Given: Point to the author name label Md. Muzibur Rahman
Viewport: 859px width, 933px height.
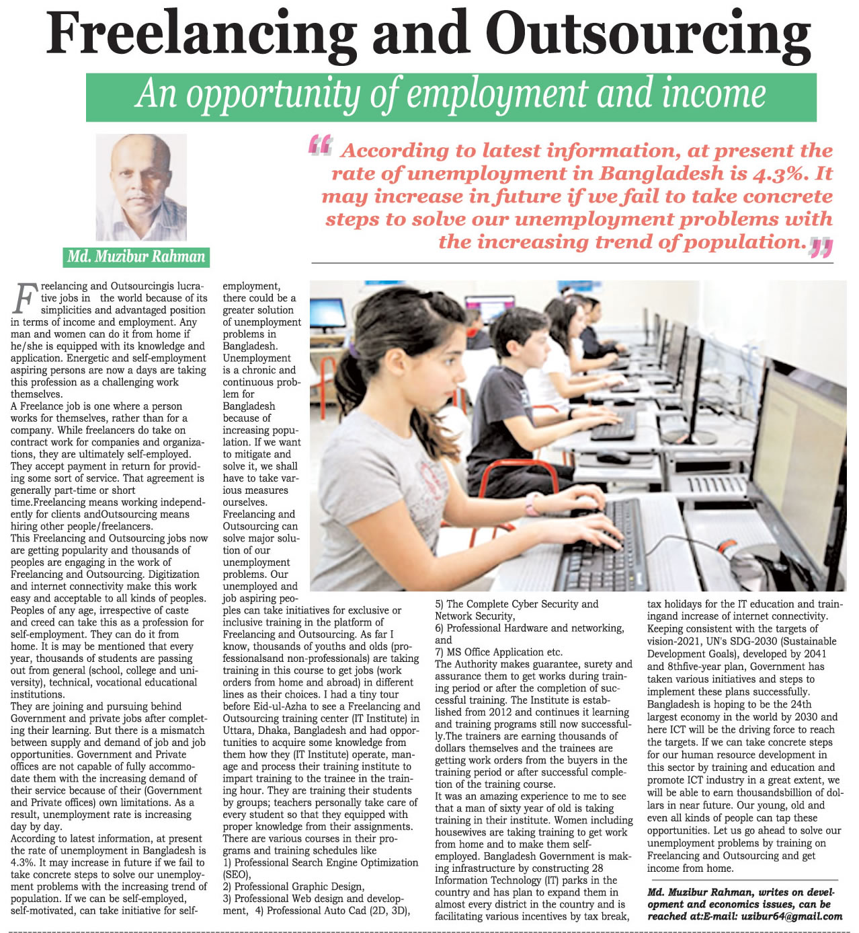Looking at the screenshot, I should pyautogui.click(x=136, y=256).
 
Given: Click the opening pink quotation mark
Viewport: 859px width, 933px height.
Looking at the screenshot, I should pyautogui.click(x=320, y=145).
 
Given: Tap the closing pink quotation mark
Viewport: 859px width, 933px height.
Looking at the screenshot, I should pyautogui.click(x=821, y=248).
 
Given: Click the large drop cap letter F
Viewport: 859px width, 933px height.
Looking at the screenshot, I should pyautogui.click(x=24, y=299).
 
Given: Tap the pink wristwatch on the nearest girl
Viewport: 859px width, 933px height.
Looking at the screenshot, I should pyautogui.click(x=532, y=504).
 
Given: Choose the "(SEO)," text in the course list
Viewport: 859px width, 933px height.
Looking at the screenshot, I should pyautogui.click(x=237, y=874).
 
